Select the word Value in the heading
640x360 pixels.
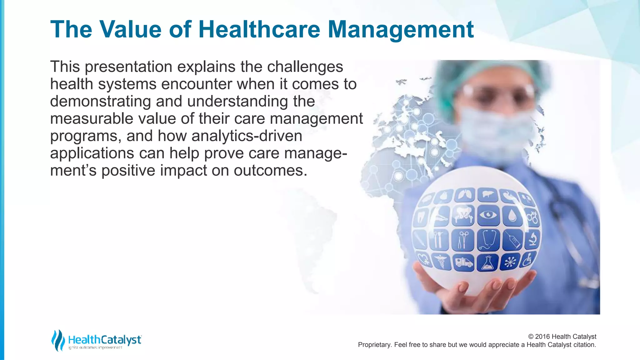131,29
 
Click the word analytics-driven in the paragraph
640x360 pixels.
247,136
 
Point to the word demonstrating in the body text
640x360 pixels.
100,101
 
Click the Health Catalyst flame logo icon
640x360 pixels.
57,340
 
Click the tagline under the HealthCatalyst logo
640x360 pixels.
95,348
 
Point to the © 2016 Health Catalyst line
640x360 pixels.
562,337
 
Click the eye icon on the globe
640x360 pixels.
488,215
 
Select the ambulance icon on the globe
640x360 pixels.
463,262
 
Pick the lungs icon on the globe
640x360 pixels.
465,195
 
